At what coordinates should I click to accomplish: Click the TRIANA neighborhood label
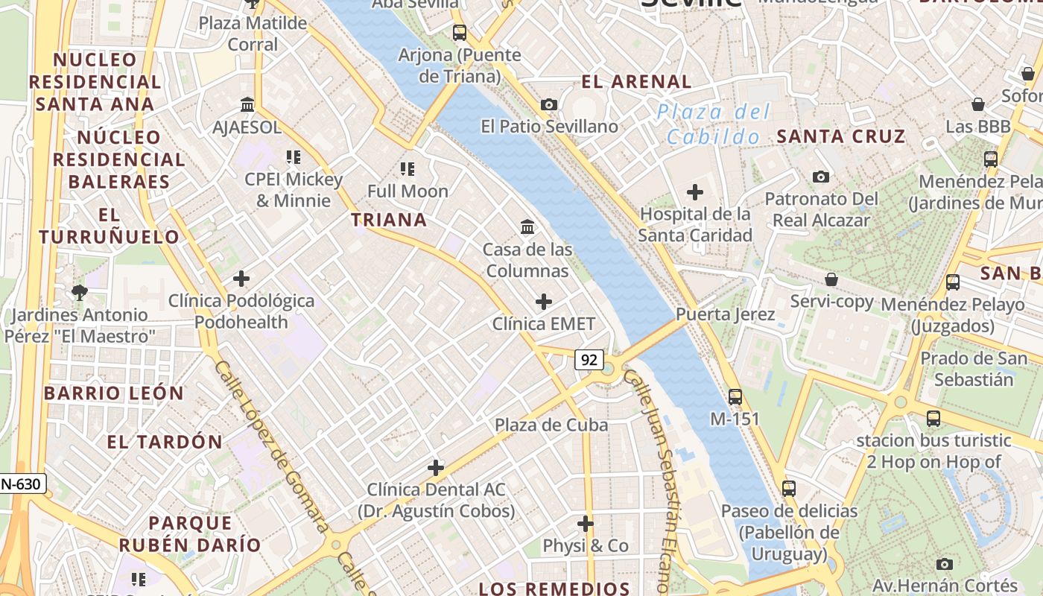[x=389, y=220]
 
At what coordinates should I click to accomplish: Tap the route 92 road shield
[x=589, y=360]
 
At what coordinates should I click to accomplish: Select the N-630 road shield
[x=20, y=484]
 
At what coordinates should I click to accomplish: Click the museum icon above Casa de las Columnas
[x=527, y=226]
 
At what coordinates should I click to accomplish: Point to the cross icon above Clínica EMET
[x=544, y=302]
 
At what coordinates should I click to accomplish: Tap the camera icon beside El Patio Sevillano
[x=549, y=104]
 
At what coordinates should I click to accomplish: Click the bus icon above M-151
[x=735, y=396]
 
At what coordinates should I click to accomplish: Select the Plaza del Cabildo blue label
[x=713, y=124]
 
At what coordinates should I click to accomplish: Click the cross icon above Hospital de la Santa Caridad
[x=694, y=192]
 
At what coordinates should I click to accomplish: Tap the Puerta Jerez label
[x=725, y=314]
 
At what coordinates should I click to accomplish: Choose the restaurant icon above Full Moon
[x=407, y=169]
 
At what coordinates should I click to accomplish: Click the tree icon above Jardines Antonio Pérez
[x=80, y=293]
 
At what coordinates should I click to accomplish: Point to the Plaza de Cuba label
[x=551, y=425]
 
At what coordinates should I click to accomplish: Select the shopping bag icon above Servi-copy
[x=831, y=279]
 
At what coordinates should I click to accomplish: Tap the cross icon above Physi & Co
[x=586, y=524]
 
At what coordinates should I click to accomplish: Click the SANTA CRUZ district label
[x=841, y=136]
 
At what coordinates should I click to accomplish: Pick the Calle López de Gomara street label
[x=272, y=447]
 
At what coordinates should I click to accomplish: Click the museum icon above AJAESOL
[x=247, y=104]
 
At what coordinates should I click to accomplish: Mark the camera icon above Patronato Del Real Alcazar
[x=821, y=177]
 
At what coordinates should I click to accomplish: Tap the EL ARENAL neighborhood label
[x=636, y=82]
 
